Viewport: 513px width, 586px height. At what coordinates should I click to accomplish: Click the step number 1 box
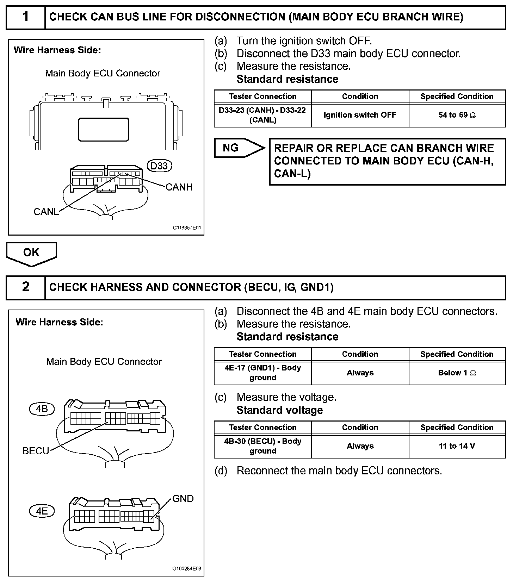click(26, 17)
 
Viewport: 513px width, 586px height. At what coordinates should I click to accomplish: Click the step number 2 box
click(26, 287)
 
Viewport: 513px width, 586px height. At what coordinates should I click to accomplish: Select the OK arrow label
click(31, 253)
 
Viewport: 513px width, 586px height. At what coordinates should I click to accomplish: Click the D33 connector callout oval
click(159, 166)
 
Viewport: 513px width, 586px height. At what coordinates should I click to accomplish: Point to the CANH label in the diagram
click(179, 187)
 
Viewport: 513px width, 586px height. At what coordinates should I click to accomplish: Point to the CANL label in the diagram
click(46, 212)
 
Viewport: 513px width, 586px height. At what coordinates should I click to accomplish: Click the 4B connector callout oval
click(42, 409)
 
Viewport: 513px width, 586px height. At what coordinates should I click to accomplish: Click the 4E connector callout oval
click(42, 511)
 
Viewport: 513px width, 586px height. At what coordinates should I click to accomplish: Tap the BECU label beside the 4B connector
click(36, 451)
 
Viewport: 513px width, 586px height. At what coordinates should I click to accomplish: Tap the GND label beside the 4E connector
click(183, 499)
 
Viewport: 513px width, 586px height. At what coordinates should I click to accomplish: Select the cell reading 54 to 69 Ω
click(457, 115)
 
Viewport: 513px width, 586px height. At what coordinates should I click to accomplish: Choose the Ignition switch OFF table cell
click(360, 115)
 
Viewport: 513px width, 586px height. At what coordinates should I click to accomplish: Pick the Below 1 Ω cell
click(457, 373)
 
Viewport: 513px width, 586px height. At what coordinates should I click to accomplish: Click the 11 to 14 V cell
click(457, 446)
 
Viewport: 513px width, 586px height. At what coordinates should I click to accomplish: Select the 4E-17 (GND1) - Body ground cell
click(262, 373)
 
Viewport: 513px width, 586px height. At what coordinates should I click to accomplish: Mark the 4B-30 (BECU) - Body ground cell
click(262, 446)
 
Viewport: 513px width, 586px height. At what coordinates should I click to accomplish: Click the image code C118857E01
click(187, 228)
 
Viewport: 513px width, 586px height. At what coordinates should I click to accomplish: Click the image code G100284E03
click(187, 569)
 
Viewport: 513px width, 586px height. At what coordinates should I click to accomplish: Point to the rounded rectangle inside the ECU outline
click(103, 129)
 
